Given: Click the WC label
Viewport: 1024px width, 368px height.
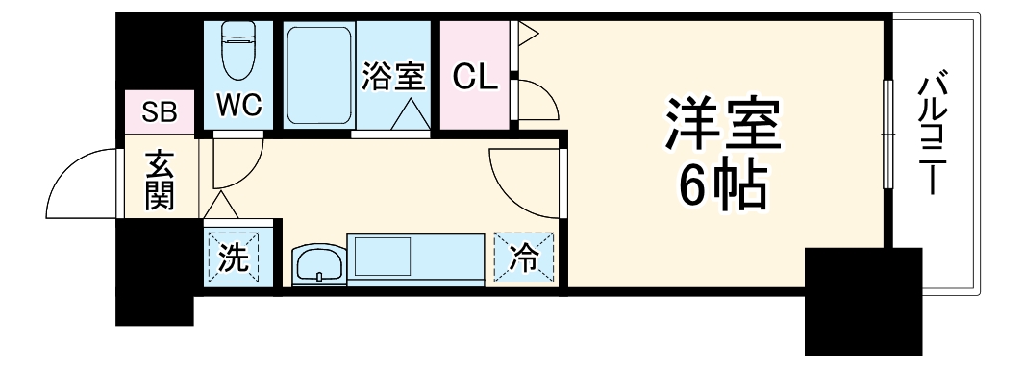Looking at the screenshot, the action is [x=239, y=104].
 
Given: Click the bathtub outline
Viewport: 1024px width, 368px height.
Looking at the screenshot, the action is [x=319, y=74].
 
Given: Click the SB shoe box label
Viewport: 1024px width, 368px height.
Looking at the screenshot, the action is [x=160, y=111].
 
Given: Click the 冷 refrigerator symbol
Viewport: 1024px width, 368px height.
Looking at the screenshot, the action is [x=525, y=258].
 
